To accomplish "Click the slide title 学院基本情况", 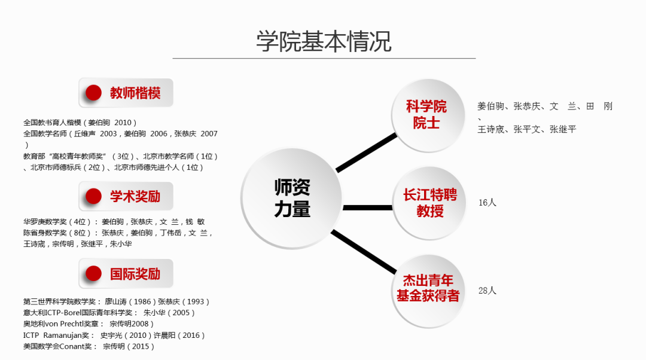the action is click(324, 41).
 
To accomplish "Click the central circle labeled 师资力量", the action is click(292, 199).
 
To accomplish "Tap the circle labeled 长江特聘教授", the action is click(429, 203).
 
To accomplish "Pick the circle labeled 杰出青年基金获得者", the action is click(428, 288).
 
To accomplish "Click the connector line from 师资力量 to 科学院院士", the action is click(366, 153).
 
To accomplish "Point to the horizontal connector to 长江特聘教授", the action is click(367, 208).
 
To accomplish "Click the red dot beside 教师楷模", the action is click(93, 93).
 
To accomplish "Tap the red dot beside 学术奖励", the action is click(93, 196).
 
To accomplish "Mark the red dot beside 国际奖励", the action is click(93, 274).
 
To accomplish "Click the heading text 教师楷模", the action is click(135, 93).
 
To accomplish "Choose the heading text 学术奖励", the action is click(135, 197).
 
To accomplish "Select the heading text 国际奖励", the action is click(135, 274).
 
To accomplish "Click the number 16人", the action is click(487, 203).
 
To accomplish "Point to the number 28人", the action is click(487, 291).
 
